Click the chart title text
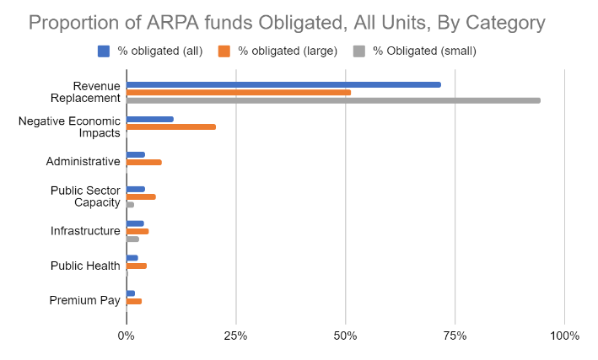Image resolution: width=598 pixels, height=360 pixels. [x=299, y=22]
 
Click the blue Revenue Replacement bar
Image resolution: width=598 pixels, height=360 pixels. [x=283, y=84]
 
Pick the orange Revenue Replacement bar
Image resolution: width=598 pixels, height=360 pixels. [x=239, y=92]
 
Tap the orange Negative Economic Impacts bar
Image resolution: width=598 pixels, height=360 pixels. [x=171, y=127]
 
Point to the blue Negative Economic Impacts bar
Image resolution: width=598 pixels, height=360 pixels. [x=150, y=119]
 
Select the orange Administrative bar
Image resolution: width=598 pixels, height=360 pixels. [x=144, y=162]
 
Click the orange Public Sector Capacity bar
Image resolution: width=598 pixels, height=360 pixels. [x=141, y=196]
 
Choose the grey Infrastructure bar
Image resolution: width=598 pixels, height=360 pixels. [x=132, y=239]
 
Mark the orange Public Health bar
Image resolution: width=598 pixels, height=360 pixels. [x=137, y=266]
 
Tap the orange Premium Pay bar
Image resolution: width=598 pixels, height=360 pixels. [x=134, y=301]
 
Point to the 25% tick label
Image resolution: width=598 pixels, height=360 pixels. [x=236, y=336]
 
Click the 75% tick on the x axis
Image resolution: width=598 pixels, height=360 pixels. [x=455, y=336]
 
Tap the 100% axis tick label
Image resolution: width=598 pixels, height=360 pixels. [x=563, y=336]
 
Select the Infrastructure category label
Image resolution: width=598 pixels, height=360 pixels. [x=85, y=231]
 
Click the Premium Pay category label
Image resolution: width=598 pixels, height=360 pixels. [x=84, y=301]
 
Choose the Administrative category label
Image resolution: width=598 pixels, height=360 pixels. [x=83, y=162]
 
